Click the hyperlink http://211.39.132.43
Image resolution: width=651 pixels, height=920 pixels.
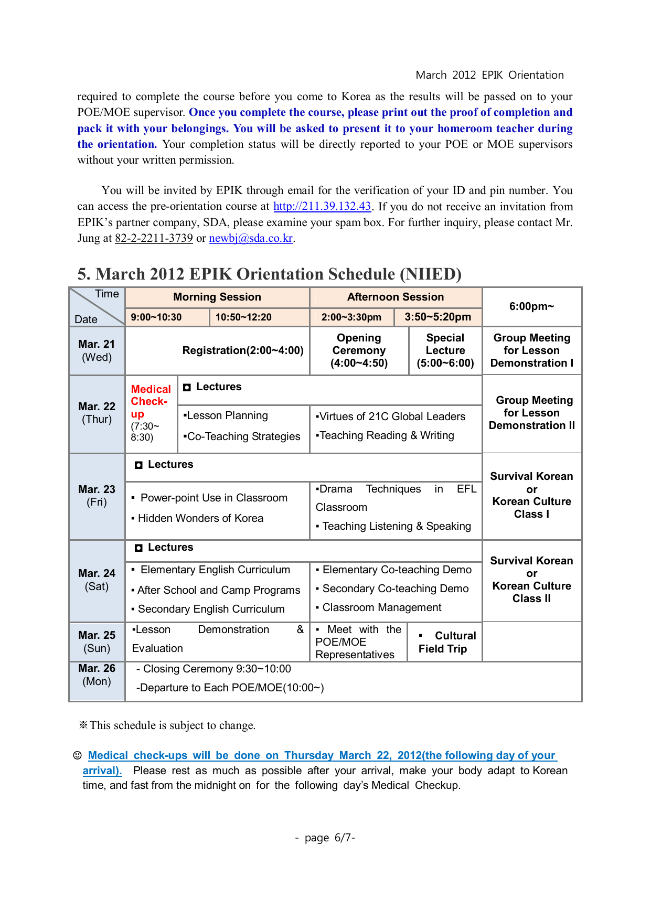tap(322, 206)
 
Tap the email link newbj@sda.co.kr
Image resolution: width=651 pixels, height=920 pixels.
tap(251, 238)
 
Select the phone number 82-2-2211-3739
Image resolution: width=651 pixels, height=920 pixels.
tap(154, 238)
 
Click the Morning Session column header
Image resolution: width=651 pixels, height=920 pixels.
tap(217, 297)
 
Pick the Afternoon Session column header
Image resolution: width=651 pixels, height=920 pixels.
tap(396, 297)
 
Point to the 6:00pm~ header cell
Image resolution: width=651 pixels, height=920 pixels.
tap(531, 306)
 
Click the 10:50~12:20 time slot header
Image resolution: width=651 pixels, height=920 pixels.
tap(243, 317)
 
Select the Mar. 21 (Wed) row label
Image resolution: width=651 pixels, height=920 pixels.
tap(97, 350)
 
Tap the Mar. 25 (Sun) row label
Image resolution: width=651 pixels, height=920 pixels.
tap(97, 641)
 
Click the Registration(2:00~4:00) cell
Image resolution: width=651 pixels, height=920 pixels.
tap(243, 350)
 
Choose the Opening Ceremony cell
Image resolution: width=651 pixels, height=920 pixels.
tap(359, 350)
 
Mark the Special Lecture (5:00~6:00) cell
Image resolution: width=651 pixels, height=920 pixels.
tap(445, 350)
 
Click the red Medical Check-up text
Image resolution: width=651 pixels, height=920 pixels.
tap(151, 401)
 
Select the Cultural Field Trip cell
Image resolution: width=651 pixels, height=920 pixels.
tap(446, 642)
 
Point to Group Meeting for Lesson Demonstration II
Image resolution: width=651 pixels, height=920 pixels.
tap(532, 413)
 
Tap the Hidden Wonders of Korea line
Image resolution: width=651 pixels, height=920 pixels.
tap(200, 518)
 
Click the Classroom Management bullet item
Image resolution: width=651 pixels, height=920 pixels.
tap(381, 607)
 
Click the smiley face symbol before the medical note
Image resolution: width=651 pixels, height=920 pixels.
tap(77, 755)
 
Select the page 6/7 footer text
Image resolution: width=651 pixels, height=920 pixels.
tap(325, 838)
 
